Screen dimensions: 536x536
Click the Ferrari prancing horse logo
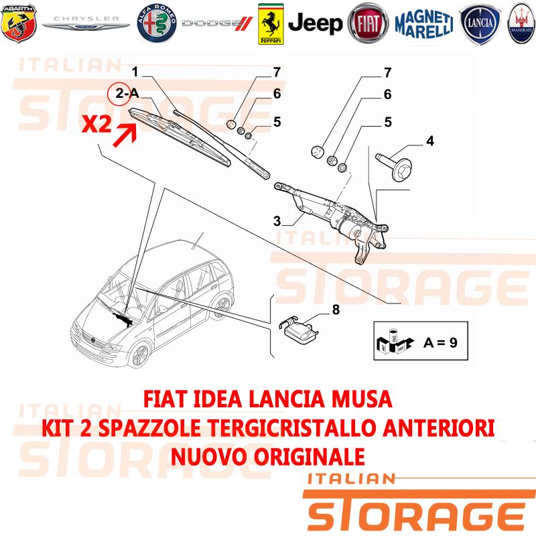(271, 24)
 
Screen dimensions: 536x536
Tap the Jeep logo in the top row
(315, 23)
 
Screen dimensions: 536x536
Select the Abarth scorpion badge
(19, 23)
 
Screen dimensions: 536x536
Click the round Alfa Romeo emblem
(157, 23)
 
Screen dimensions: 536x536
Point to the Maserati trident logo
(522, 23)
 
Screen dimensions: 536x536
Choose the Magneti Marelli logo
(424, 24)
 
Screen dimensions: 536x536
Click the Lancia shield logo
(480, 25)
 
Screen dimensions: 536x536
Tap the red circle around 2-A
(119, 93)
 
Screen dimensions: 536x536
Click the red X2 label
(96, 124)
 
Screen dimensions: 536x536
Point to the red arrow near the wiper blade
(125, 135)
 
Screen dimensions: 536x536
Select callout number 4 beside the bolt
(430, 141)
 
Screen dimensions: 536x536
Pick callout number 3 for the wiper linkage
(277, 221)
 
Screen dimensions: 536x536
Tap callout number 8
(336, 310)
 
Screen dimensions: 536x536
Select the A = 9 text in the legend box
(440, 342)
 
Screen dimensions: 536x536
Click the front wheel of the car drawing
(140, 355)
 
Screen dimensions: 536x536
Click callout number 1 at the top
(135, 72)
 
